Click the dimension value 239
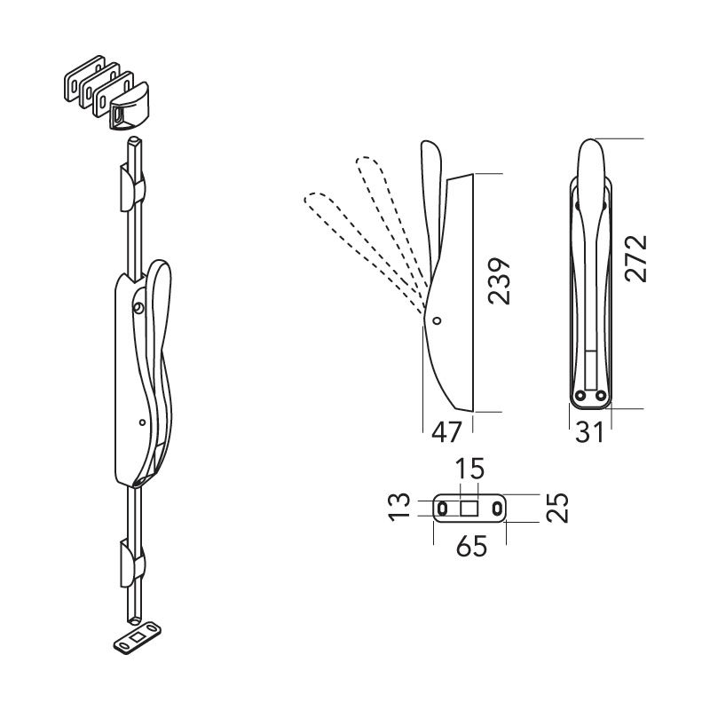[499, 281]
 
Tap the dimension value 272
[635, 258]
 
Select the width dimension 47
[446, 431]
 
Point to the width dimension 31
[589, 431]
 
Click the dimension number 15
[469, 469]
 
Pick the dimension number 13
[399, 507]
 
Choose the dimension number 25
[557, 507]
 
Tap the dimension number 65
[471, 546]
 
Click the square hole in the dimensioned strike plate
[469, 508]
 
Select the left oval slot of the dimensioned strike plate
[442, 509]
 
